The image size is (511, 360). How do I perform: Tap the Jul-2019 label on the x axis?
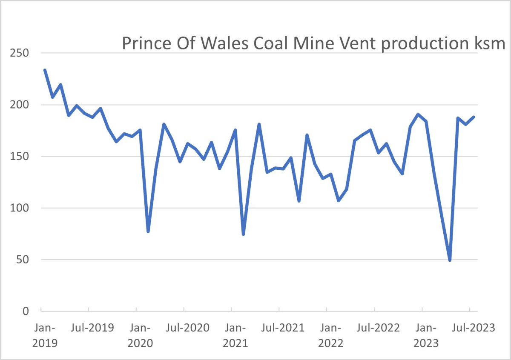pos(92,328)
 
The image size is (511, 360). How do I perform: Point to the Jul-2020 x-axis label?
pos(188,328)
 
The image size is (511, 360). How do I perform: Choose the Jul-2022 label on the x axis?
pos(379,328)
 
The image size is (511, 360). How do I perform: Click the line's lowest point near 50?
pos(450,260)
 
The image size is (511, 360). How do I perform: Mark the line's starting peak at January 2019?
pos(45,70)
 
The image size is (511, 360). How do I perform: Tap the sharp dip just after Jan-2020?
pos(148,231)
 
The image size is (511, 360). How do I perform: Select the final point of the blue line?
pos(474,117)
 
